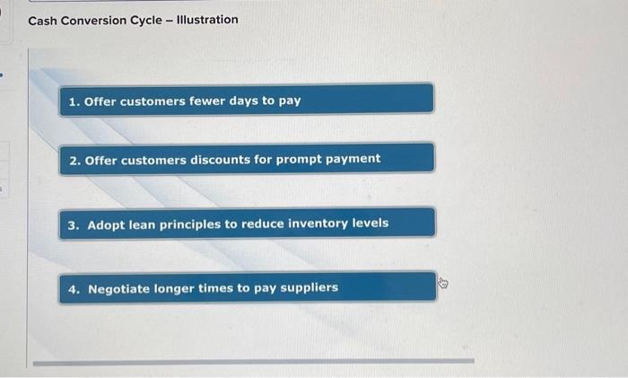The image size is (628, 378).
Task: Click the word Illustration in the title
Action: tap(207, 19)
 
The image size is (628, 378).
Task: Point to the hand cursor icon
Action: tap(443, 283)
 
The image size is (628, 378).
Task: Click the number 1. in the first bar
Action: tap(74, 101)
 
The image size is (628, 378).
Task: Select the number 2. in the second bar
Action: tap(74, 161)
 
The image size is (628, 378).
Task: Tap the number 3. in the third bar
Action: tap(74, 225)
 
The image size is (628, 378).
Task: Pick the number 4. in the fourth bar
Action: tap(74, 289)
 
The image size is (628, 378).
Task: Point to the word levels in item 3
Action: tap(371, 223)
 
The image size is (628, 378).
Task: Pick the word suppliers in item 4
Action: tap(310, 288)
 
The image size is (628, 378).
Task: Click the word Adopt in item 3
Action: tap(106, 225)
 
